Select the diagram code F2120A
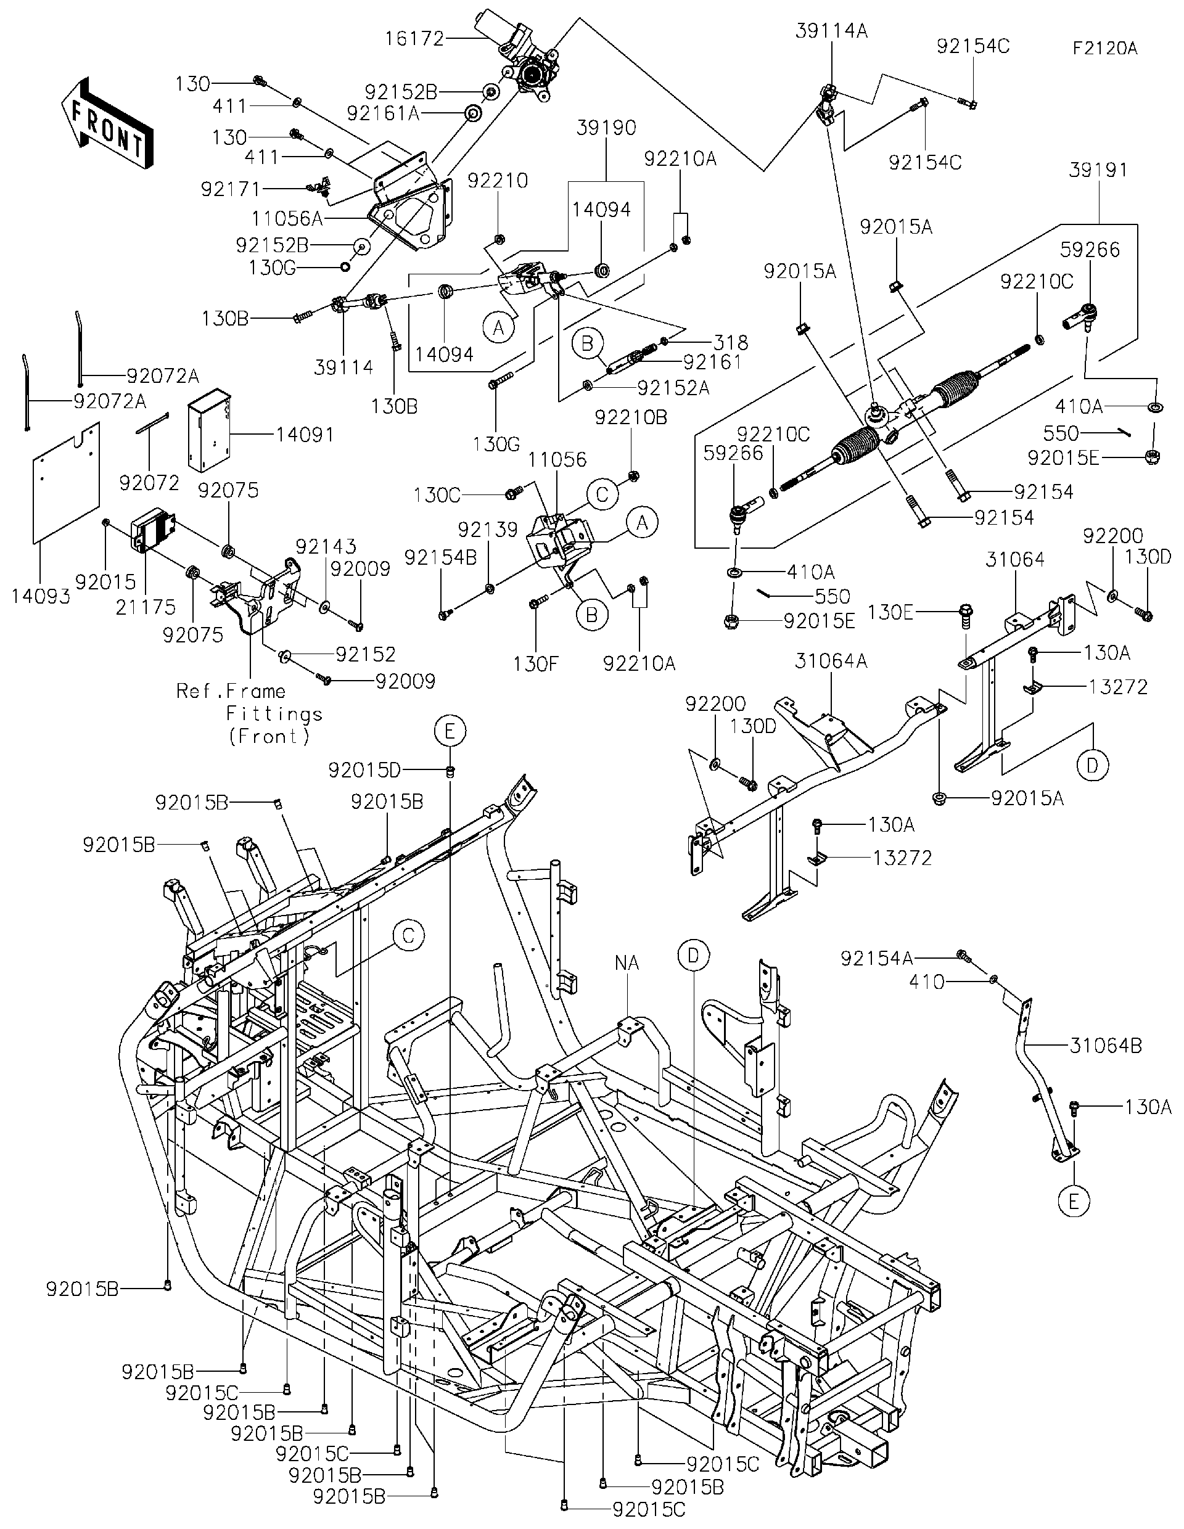pos(1104,48)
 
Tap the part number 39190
pos(606,128)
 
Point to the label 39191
pos(1098,170)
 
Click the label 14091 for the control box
pos(305,435)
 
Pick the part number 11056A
pos(287,218)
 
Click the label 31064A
pos(831,661)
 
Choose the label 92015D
pos(364,770)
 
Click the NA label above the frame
pos(627,963)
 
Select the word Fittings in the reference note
pos(274,714)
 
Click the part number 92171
pos(231,189)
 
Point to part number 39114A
pos(831,31)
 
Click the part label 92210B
pos(631,418)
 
